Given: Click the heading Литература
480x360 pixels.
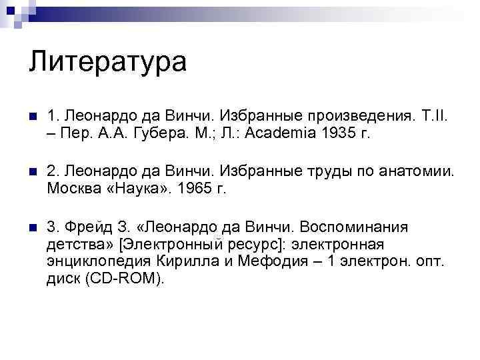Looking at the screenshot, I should (x=108, y=62).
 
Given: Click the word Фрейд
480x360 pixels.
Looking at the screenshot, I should (x=82, y=228).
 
